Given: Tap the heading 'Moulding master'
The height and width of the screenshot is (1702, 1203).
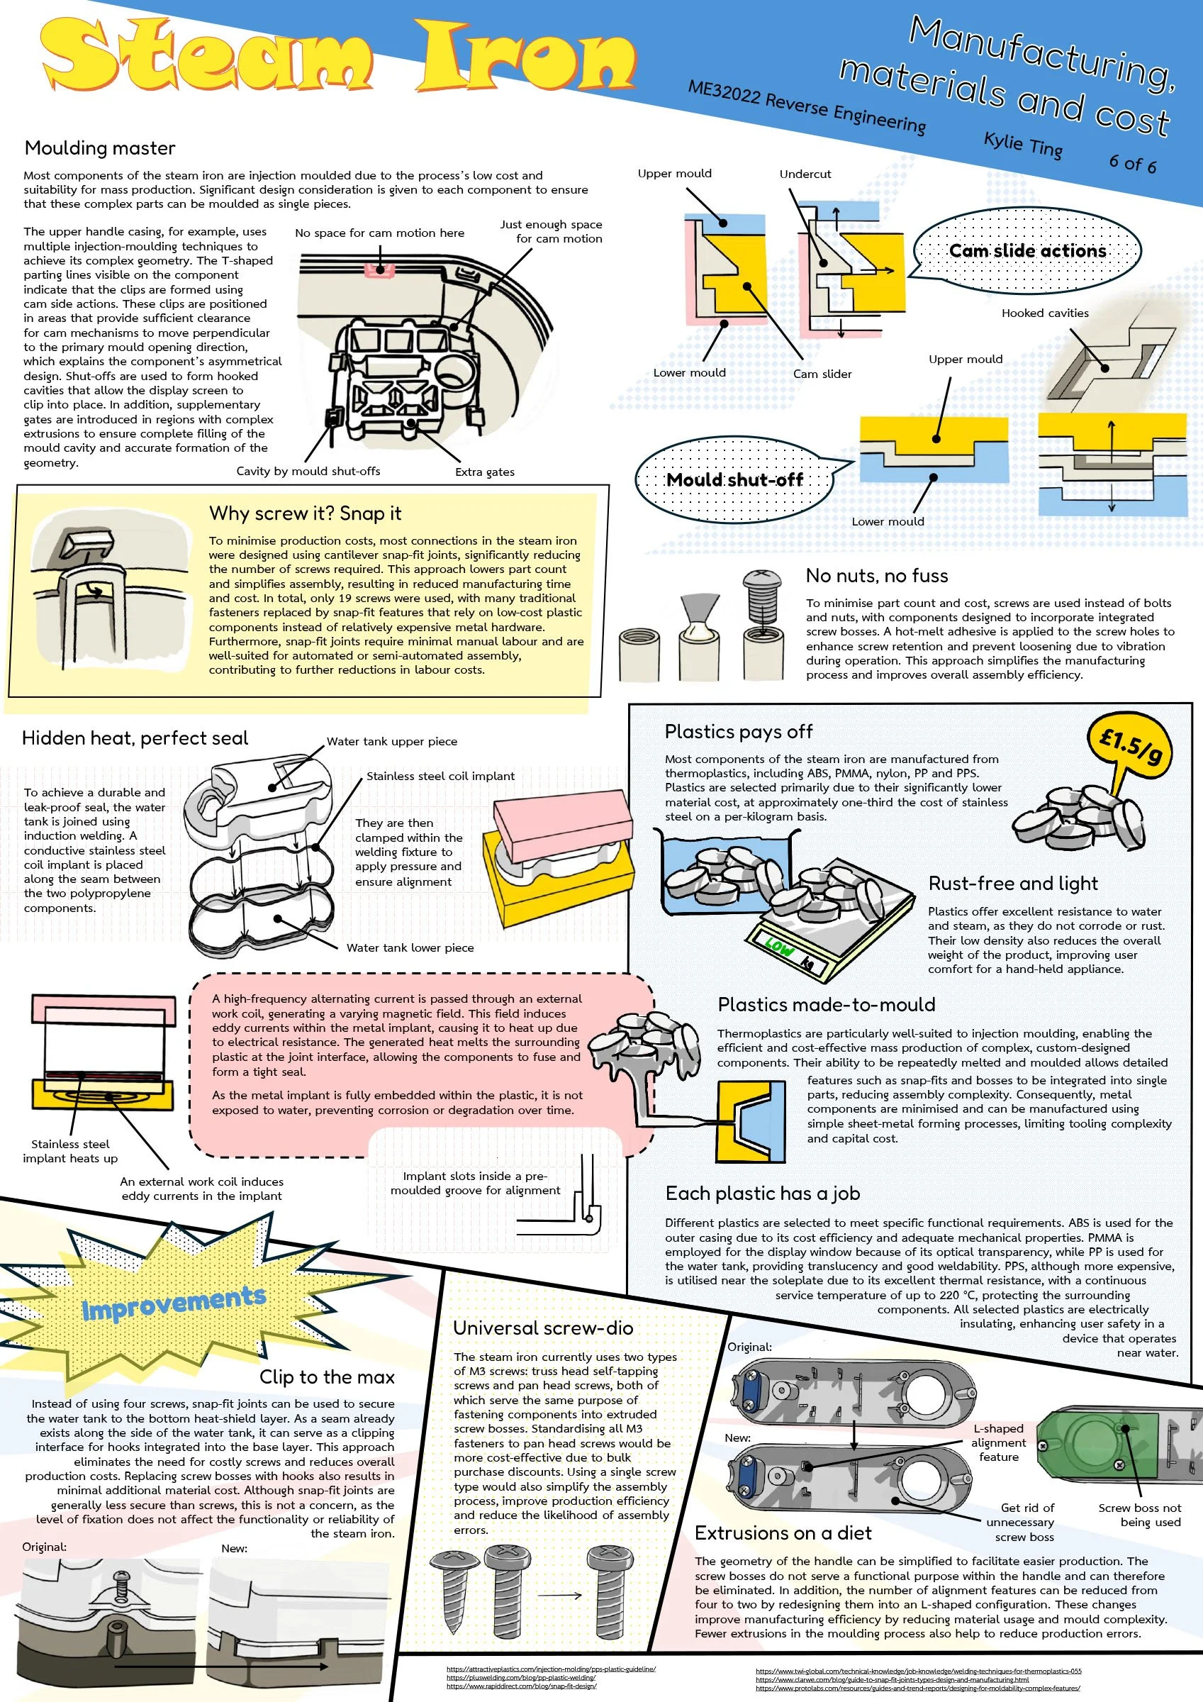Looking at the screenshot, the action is pos(100,148).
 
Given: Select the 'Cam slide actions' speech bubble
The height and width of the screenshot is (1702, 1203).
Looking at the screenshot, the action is pos(1027,250).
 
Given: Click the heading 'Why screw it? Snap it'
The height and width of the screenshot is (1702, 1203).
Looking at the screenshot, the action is pos(305,513).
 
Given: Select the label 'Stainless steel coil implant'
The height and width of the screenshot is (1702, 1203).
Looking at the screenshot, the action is pos(440,776).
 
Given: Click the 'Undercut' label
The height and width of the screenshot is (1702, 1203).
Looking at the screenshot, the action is pos(805,174).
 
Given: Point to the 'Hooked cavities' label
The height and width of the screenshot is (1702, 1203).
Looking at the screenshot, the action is pos(1044,313).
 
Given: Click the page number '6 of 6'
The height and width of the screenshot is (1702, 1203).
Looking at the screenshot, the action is pos(1132,162).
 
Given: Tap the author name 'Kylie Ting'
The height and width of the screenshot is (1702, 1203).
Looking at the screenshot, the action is pos(1023,144).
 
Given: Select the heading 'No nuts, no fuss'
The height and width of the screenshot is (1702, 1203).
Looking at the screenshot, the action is pos(876,576).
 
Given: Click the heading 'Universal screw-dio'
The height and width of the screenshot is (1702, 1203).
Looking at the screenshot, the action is pos(543,1328).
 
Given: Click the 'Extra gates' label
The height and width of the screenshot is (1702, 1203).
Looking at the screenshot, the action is pos(485,472).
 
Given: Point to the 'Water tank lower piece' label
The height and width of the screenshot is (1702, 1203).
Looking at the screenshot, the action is pos(410,947).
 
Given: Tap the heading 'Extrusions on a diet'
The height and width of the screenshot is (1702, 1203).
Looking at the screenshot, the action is pos(783,1533).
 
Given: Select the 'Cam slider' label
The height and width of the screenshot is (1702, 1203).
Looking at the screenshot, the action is pos(822,374).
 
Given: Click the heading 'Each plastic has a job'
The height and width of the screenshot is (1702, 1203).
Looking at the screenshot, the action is pos(763,1193).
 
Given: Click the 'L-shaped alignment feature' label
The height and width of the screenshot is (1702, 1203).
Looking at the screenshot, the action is pos(998,1442).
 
